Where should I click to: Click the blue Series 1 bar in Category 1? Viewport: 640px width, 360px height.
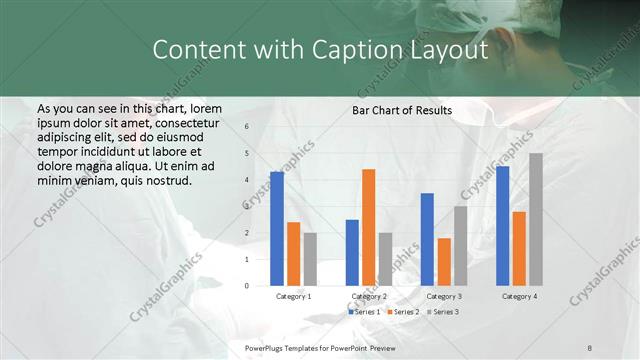click(x=277, y=229)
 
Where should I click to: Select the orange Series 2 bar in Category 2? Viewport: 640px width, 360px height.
click(x=368, y=227)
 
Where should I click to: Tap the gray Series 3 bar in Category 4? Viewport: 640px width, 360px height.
click(x=536, y=219)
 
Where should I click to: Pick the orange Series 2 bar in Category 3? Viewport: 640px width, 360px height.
click(x=444, y=262)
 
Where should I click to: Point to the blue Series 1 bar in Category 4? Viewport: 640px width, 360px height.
click(x=503, y=226)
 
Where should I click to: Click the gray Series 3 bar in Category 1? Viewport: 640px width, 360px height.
click(x=311, y=259)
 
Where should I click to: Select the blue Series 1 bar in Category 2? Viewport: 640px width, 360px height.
click(x=352, y=252)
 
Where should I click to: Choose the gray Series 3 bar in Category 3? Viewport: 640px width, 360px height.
click(x=460, y=246)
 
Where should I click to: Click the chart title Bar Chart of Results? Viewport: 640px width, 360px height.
click(x=402, y=110)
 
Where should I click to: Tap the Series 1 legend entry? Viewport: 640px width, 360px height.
click(x=363, y=312)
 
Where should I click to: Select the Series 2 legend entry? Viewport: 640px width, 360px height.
click(x=402, y=312)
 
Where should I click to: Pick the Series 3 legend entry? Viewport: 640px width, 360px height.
click(x=443, y=312)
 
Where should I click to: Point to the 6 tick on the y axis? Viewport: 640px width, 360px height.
click(x=247, y=127)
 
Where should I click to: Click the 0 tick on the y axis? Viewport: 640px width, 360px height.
click(x=247, y=286)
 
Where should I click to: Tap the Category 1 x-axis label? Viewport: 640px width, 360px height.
click(x=293, y=297)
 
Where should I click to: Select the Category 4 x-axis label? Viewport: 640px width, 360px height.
click(x=519, y=297)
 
